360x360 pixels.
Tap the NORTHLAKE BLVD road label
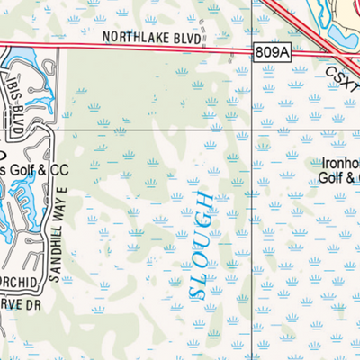coord(151,38)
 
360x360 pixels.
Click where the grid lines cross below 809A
coord(265,130)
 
